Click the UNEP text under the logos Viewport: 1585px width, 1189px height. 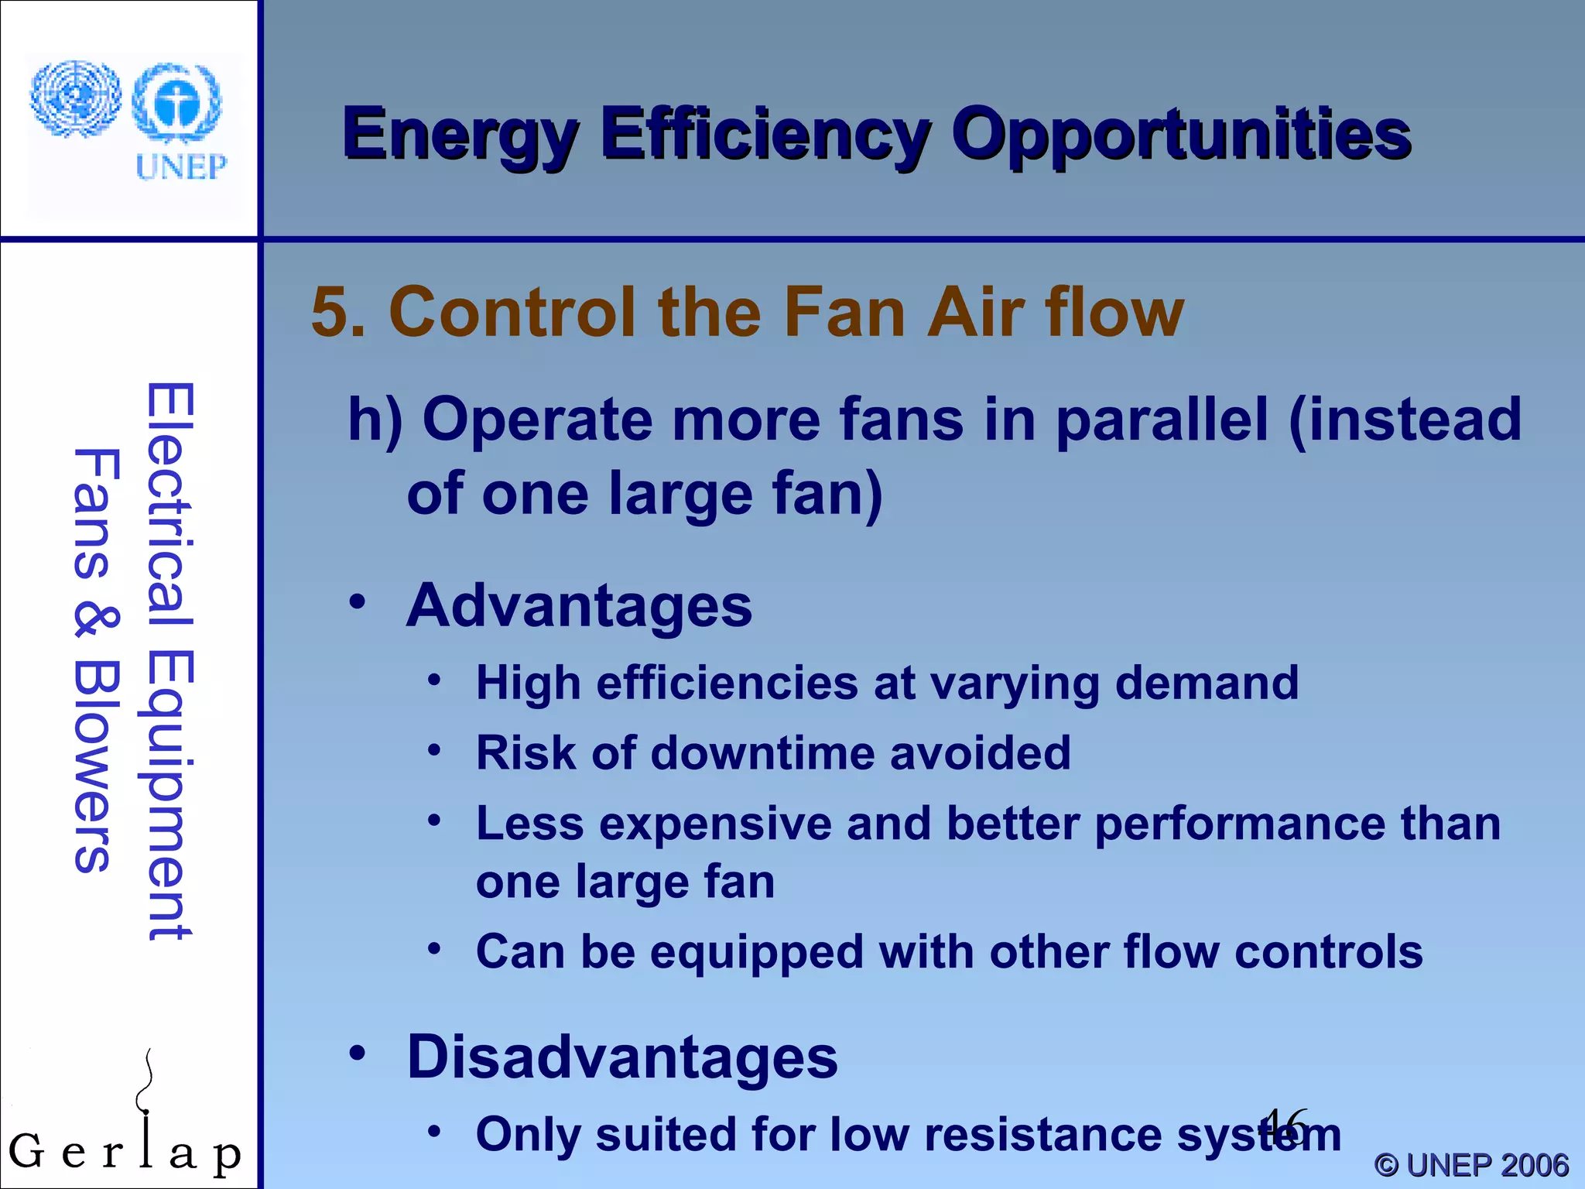(x=181, y=167)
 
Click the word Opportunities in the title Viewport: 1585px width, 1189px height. (x=1181, y=135)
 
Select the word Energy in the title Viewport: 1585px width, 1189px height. (x=460, y=135)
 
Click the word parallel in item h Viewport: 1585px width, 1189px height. (x=1162, y=420)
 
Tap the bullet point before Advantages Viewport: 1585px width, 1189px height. (x=357, y=602)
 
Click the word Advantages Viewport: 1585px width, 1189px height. (x=579, y=605)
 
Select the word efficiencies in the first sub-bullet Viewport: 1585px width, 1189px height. (x=727, y=684)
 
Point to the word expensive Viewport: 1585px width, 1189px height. (x=715, y=824)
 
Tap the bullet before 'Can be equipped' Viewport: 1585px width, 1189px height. (x=435, y=949)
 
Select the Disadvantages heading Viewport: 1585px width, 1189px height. (x=622, y=1057)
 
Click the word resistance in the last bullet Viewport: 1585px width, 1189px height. (x=1042, y=1135)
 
